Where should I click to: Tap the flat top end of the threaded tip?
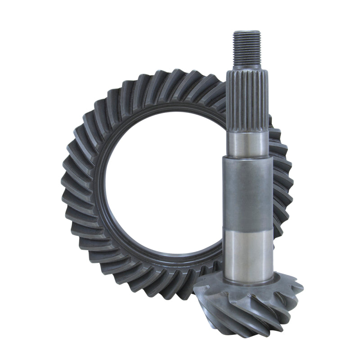pos(247,32)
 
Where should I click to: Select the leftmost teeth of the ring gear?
pos(72,189)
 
